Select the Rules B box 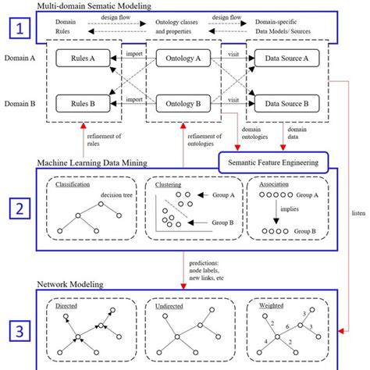(82, 103)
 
